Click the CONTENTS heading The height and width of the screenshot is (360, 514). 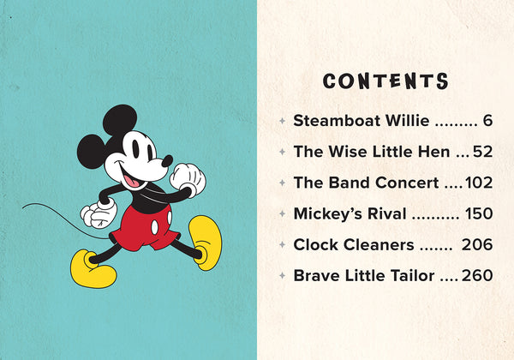385,81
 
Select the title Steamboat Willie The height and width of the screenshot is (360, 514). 361,120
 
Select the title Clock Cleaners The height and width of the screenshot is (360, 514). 354,244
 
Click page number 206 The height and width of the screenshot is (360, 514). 477,244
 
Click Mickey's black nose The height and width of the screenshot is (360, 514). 167,159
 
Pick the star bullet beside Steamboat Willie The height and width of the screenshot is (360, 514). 282,121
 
